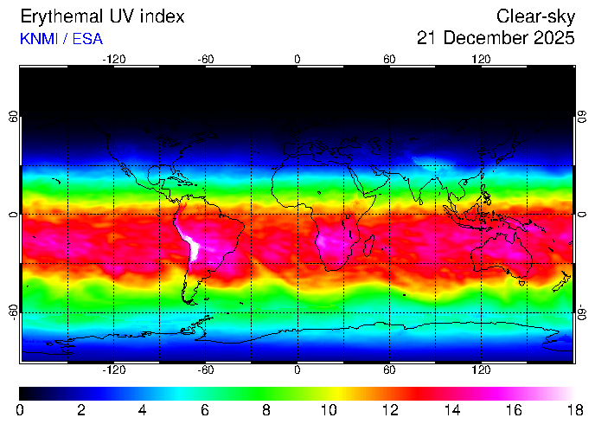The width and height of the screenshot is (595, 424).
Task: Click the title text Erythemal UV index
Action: pos(101,16)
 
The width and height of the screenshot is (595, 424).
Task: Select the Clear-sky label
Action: pos(535,16)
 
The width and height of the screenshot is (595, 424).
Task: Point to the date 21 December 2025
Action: pos(496,38)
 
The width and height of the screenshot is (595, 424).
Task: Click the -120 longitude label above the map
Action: pos(114,60)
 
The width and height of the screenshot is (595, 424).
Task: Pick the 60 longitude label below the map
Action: pos(389,369)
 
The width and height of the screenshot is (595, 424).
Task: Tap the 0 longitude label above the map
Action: pos(297,60)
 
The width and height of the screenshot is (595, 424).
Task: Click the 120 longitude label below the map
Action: pos(481,369)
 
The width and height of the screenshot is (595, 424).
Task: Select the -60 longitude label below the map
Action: pos(206,369)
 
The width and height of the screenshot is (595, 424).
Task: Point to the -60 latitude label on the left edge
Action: pos(13,311)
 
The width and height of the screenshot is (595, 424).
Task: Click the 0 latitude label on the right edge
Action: pos(582,214)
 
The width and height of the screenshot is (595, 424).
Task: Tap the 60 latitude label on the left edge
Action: pos(13,117)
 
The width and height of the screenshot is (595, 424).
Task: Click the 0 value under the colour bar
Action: pos(20,408)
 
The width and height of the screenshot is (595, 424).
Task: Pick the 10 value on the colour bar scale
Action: pos(328,408)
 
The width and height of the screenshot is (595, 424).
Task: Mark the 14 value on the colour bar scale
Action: pos(450,408)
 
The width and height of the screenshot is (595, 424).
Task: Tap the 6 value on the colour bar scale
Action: pos(205,408)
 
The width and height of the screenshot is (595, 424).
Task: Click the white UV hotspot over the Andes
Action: pos(193,247)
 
